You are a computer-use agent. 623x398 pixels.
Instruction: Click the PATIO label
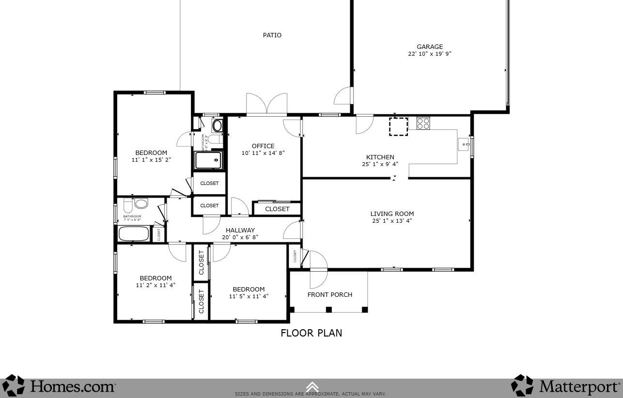pos(272,35)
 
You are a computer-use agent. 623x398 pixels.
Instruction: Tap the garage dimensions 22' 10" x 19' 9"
pos(429,54)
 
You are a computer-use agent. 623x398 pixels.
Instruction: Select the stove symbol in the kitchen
pos(423,123)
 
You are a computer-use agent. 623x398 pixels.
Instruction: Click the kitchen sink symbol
pos(464,144)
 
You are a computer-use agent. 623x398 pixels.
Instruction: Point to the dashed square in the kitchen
pos(398,126)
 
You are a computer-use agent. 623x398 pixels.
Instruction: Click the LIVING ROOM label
pos(392,214)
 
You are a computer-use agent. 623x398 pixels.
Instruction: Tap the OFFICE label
pos(263,146)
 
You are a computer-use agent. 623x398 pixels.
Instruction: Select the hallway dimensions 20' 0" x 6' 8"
pos(240,237)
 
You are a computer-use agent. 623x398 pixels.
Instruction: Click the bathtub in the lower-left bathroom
pos(134,234)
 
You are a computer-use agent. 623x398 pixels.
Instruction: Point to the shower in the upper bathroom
pos(208,160)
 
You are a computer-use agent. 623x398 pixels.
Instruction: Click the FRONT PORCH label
pos(330,294)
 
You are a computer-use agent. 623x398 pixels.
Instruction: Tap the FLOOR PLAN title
pos(311,333)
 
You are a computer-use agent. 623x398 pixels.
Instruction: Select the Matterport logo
pos(565,386)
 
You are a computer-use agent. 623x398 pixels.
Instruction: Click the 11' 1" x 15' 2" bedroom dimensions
pos(151,159)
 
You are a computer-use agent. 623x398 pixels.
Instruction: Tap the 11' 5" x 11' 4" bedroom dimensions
pos(249,296)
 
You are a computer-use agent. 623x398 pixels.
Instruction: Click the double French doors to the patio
pos(266,105)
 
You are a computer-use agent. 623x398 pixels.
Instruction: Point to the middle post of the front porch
pos(328,309)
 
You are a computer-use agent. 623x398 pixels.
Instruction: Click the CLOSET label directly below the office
pos(277,209)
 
